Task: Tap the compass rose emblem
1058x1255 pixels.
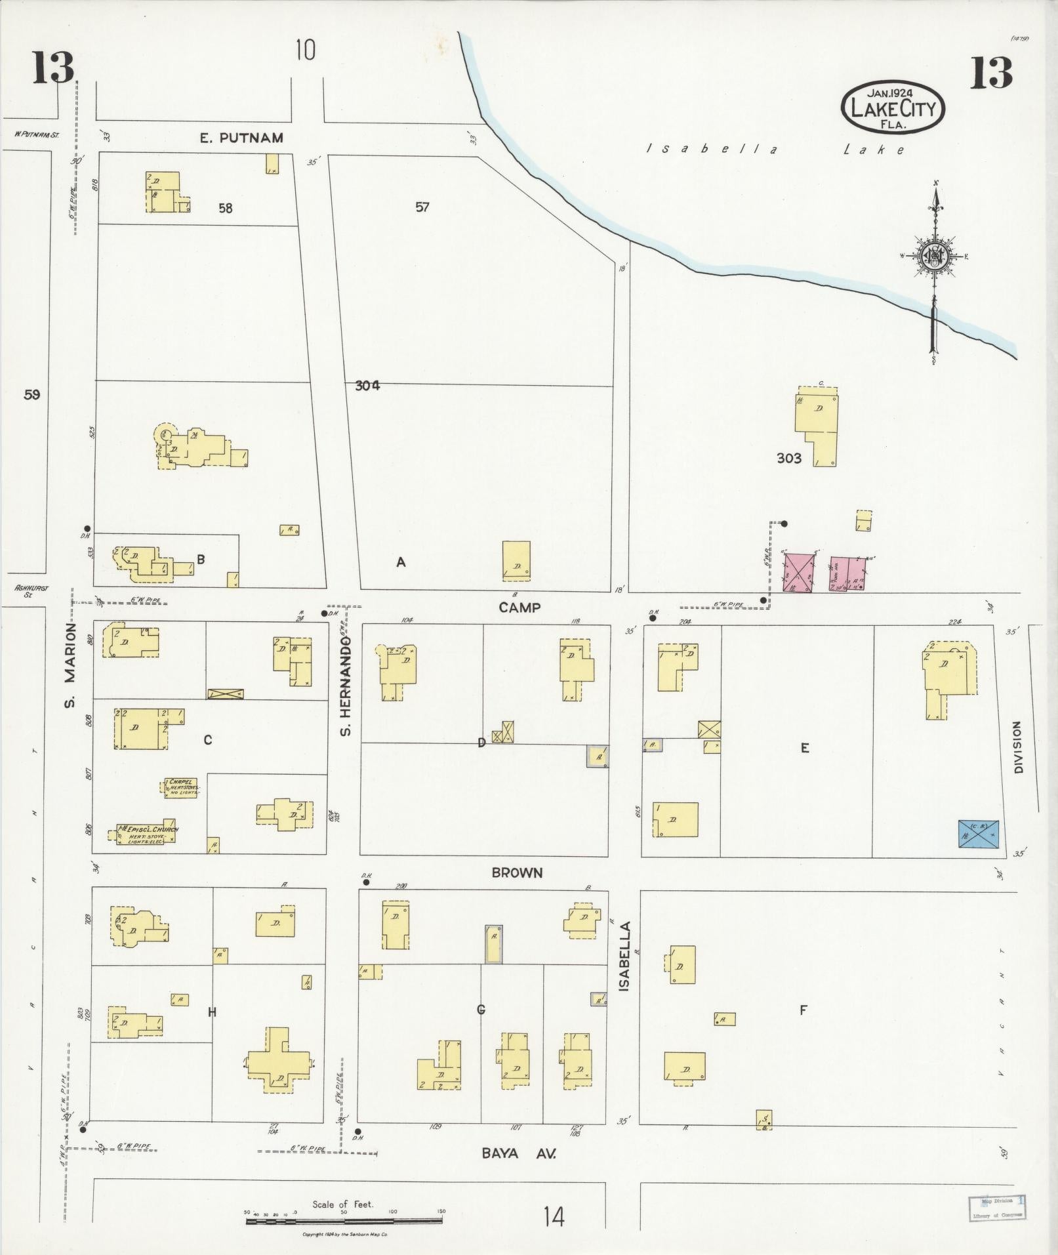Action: (x=933, y=256)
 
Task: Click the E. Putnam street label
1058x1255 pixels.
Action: (x=241, y=138)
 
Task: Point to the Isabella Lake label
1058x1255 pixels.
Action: (x=774, y=150)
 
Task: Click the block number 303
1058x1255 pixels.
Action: (x=788, y=459)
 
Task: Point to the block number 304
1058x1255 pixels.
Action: (x=367, y=386)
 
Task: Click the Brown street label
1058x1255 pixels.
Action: (x=518, y=873)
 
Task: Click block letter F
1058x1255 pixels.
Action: (x=802, y=1010)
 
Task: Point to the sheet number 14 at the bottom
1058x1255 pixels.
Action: (x=554, y=1217)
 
